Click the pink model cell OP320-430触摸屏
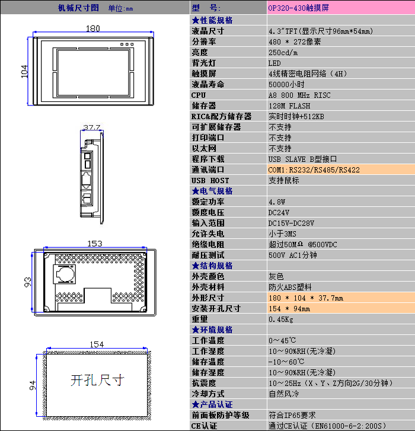341,8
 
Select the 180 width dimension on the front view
93,28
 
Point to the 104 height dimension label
24,72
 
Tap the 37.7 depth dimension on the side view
92,127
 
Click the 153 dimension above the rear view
94,244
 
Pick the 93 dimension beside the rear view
28,282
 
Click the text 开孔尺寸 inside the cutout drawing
97,381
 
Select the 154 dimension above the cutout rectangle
97,344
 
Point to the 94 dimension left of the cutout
33,385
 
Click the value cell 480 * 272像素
295,41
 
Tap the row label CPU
199,95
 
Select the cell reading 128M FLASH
289,106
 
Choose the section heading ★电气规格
212,191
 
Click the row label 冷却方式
208,394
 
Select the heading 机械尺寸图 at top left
78,8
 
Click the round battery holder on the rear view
65,274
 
